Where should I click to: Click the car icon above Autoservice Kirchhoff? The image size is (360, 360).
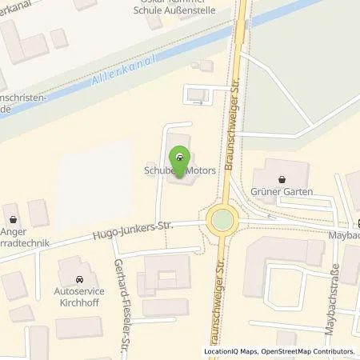[78, 279]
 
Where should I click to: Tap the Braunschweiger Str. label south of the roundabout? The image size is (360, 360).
[210, 304]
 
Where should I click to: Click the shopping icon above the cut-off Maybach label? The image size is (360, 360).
[358, 222]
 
